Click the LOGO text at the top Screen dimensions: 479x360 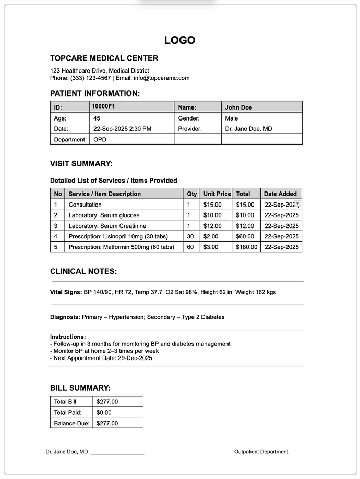[x=179, y=40]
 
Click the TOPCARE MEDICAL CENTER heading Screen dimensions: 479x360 [x=104, y=58]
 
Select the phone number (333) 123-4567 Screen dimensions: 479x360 [x=90, y=78]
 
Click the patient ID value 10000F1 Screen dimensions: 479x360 [x=103, y=106]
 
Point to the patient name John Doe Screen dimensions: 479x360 [x=238, y=107]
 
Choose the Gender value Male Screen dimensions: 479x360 [x=232, y=118]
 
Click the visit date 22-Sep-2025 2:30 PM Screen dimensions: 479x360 [x=122, y=129]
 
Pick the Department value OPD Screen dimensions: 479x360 [x=99, y=140]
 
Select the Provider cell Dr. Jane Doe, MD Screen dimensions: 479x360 [x=248, y=129]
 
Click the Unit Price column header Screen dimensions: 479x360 [x=217, y=194]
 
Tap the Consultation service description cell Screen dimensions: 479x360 [x=85, y=205]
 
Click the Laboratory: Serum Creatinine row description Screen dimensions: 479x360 [x=107, y=226]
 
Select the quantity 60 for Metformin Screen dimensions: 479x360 [x=190, y=247]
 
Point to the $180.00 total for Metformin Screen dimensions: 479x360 [x=246, y=247]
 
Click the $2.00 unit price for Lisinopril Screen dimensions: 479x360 [x=211, y=236]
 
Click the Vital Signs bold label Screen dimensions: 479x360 [x=66, y=292]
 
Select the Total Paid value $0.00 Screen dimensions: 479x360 [x=107, y=412]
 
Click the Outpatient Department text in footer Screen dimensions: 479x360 [x=261, y=452]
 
